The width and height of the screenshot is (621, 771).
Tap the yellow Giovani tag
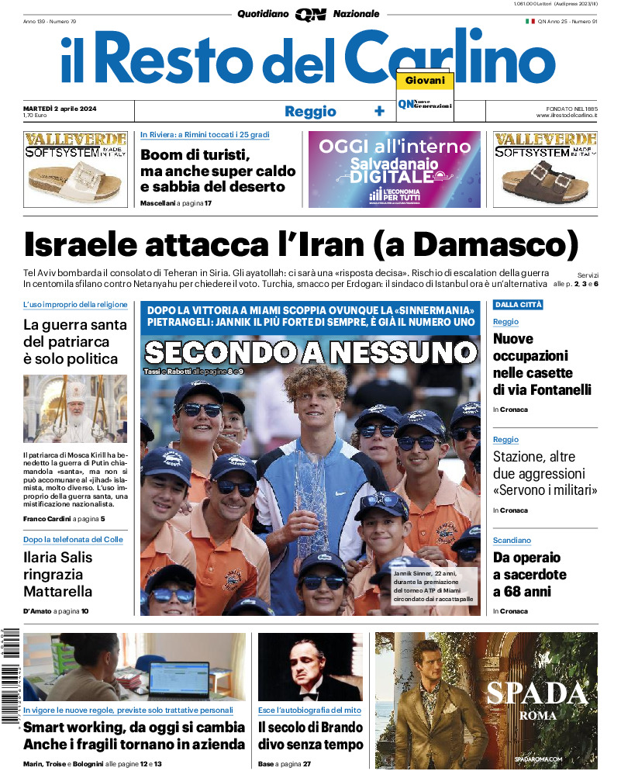[425, 81]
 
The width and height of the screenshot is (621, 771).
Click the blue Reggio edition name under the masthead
[310, 111]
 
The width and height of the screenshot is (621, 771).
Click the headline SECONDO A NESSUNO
[310, 353]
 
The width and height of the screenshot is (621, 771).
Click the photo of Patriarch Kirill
[75, 409]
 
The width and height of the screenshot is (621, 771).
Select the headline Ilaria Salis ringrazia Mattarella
[58, 574]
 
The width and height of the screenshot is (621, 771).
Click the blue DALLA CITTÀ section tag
[518, 305]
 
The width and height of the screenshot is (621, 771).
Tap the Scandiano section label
[512, 540]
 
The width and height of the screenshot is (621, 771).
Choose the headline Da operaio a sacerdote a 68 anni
[530, 575]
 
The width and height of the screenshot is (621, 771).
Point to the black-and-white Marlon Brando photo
[310, 666]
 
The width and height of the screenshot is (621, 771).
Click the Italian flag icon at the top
[530, 21]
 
